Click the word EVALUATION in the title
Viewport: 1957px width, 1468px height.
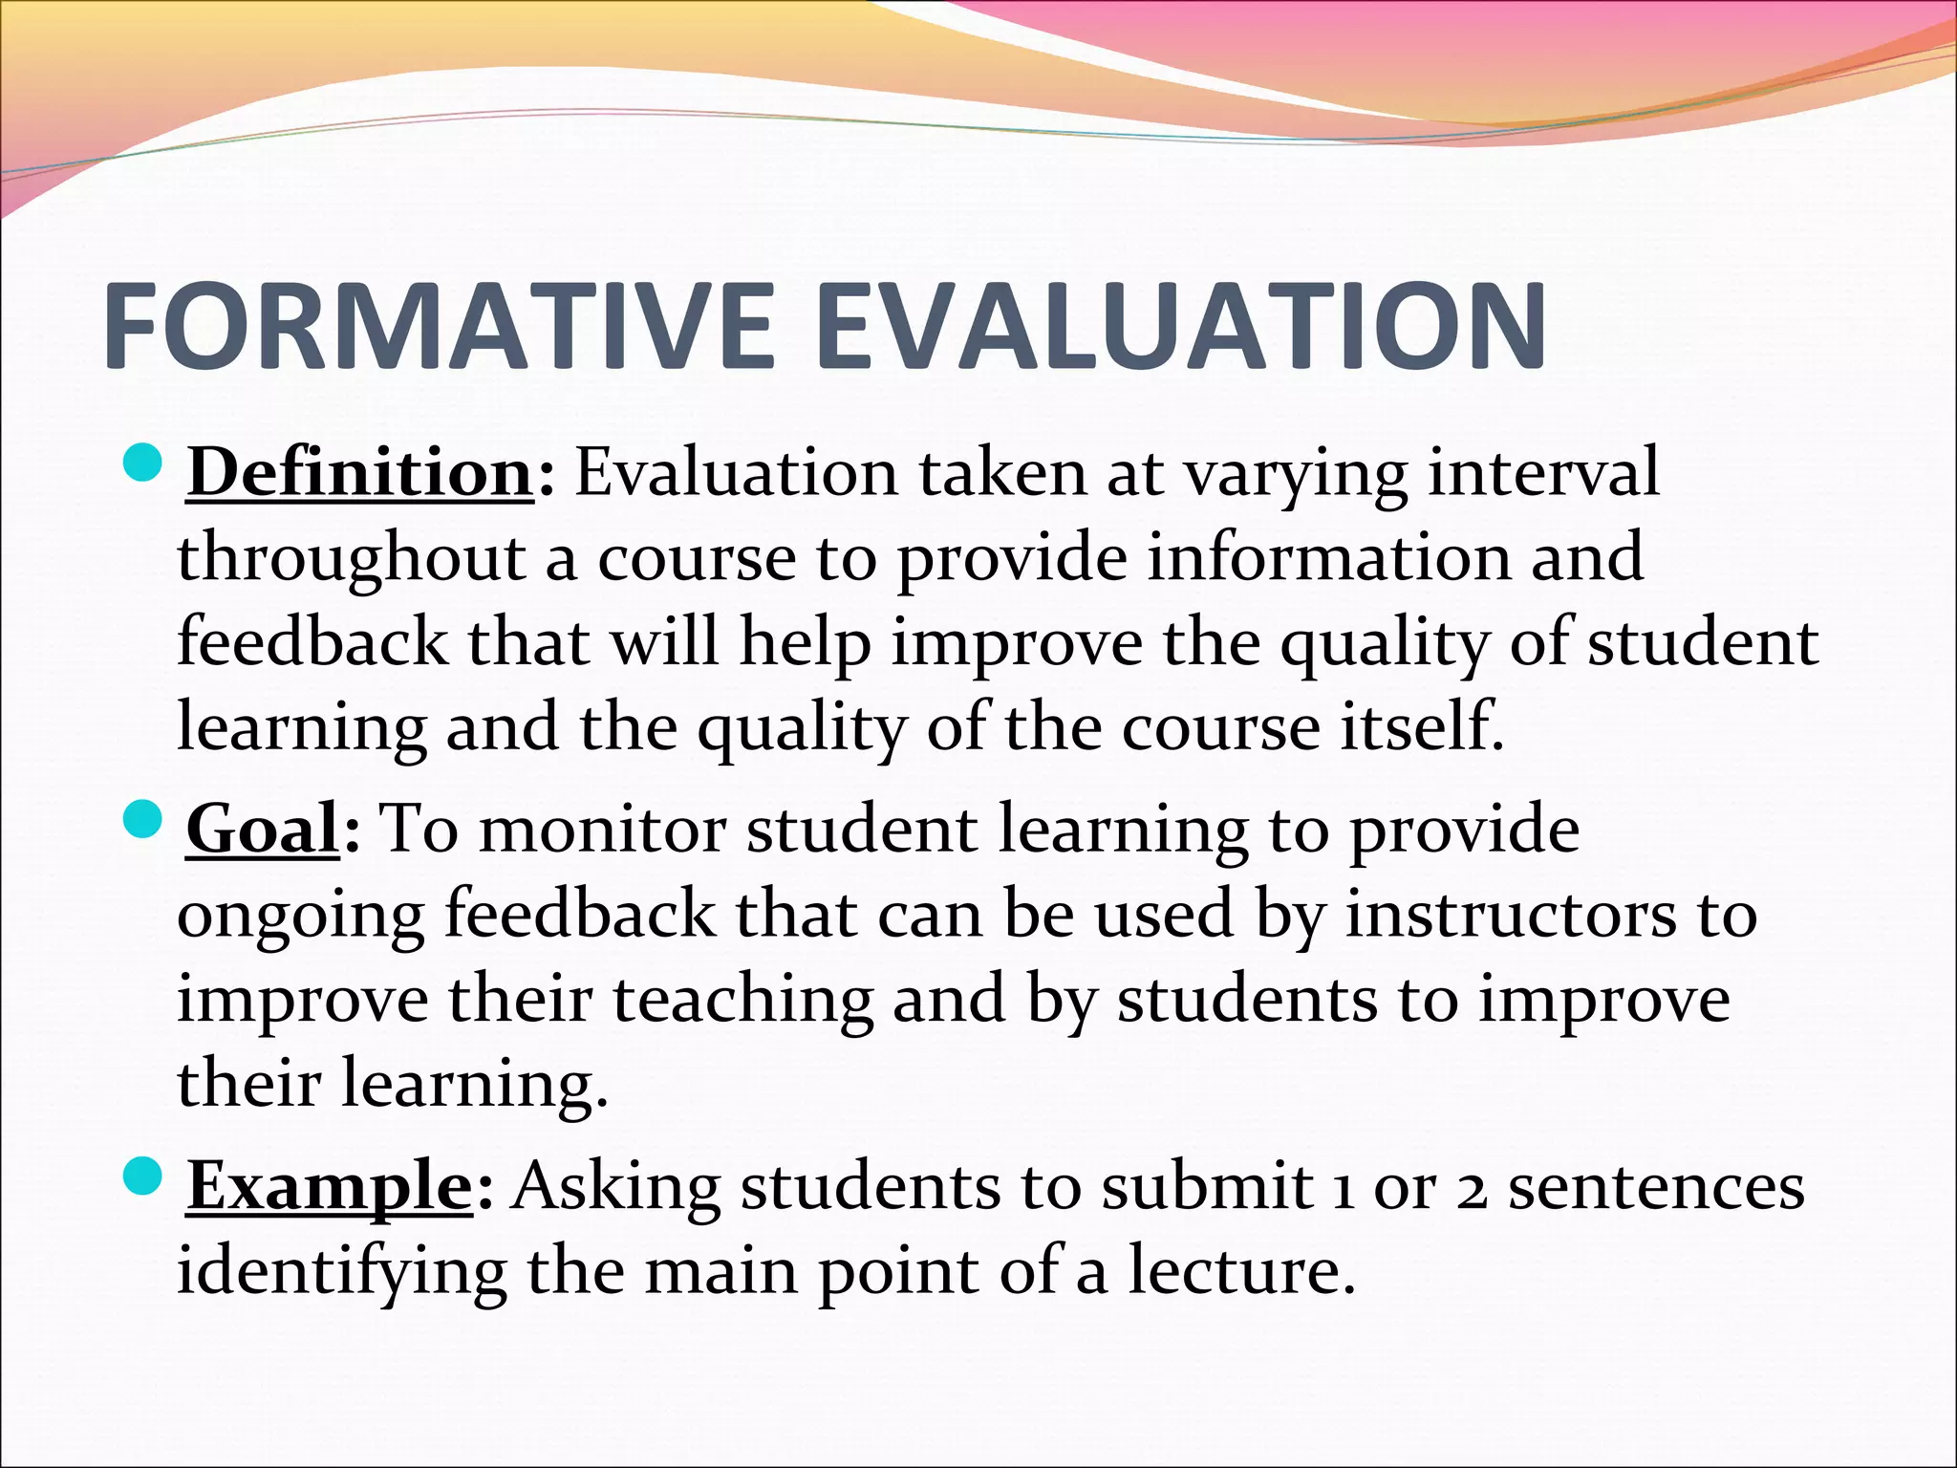pyautogui.click(x=1181, y=326)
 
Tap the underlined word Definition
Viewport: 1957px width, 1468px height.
pyautogui.click(x=360, y=472)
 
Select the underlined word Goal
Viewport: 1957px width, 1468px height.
pyautogui.click(x=263, y=829)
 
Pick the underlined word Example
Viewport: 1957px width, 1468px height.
pyautogui.click(x=330, y=1186)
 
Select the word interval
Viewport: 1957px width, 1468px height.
pyautogui.click(x=1543, y=472)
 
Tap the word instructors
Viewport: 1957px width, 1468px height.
pyautogui.click(x=1510, y=914)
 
